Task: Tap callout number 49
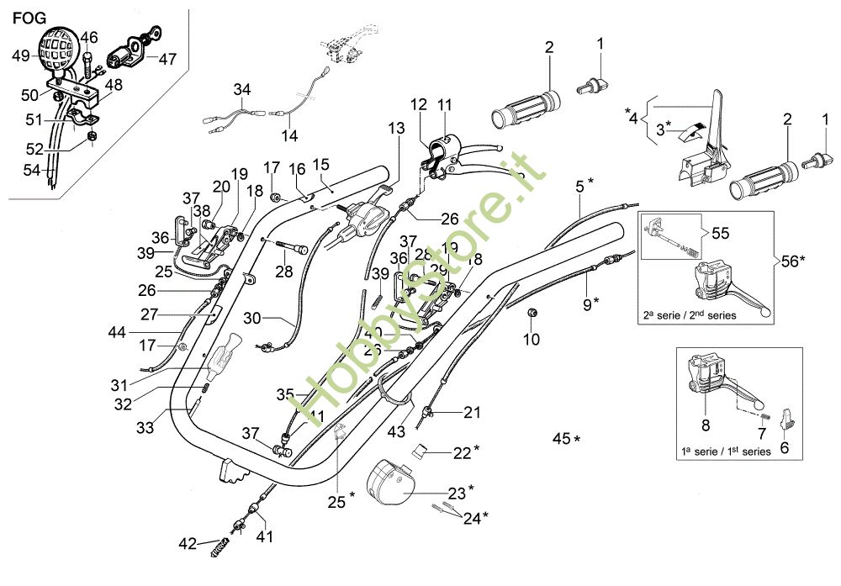pos(21,56)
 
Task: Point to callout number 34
pos(242,90)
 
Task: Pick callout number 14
pos(289,135)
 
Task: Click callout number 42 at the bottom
pos(187,544)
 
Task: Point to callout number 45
pos(561,438)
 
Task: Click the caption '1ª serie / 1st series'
pos(726,451)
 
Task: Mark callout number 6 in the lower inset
pos(785,448)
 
